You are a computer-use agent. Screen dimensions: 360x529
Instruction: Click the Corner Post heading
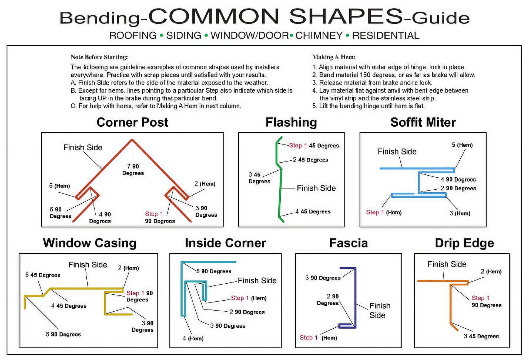coord(132,122)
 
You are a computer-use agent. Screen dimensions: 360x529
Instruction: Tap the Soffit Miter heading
coord(423,122)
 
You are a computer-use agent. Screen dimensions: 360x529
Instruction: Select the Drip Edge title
coord(464,243)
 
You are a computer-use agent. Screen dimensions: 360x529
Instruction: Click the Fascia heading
coord(348,243)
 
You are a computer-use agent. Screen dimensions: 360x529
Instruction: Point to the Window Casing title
coord(90,243)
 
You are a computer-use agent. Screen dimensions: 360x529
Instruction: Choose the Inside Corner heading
coord(225,243)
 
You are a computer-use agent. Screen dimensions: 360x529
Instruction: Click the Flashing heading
coord(291,122)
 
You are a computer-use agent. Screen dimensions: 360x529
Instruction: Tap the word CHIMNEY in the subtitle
coord(319,36)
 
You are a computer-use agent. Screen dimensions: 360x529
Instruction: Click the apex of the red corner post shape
coord(132,140)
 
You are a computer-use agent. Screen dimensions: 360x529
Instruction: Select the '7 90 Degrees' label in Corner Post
coord(133,170)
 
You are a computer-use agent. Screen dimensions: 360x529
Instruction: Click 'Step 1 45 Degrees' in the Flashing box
coord(314,146)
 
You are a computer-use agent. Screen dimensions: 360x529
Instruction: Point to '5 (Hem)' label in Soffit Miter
coord(462,145)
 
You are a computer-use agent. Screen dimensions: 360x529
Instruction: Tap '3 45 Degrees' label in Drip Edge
coord(481,336)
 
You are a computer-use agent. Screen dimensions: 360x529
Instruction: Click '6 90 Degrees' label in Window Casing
coord(63,334)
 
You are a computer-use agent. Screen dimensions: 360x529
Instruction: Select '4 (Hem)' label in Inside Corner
coord(193,338)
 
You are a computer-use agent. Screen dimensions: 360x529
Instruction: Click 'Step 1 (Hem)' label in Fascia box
coord(318,338)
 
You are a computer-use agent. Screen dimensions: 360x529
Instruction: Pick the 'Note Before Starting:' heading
coord(99,57)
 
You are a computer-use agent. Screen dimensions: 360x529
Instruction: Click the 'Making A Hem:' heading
coord(334,57)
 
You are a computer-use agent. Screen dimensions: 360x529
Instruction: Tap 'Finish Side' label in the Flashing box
coord(316,188)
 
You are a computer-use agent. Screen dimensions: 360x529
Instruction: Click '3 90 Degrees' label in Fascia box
coord(323,278)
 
